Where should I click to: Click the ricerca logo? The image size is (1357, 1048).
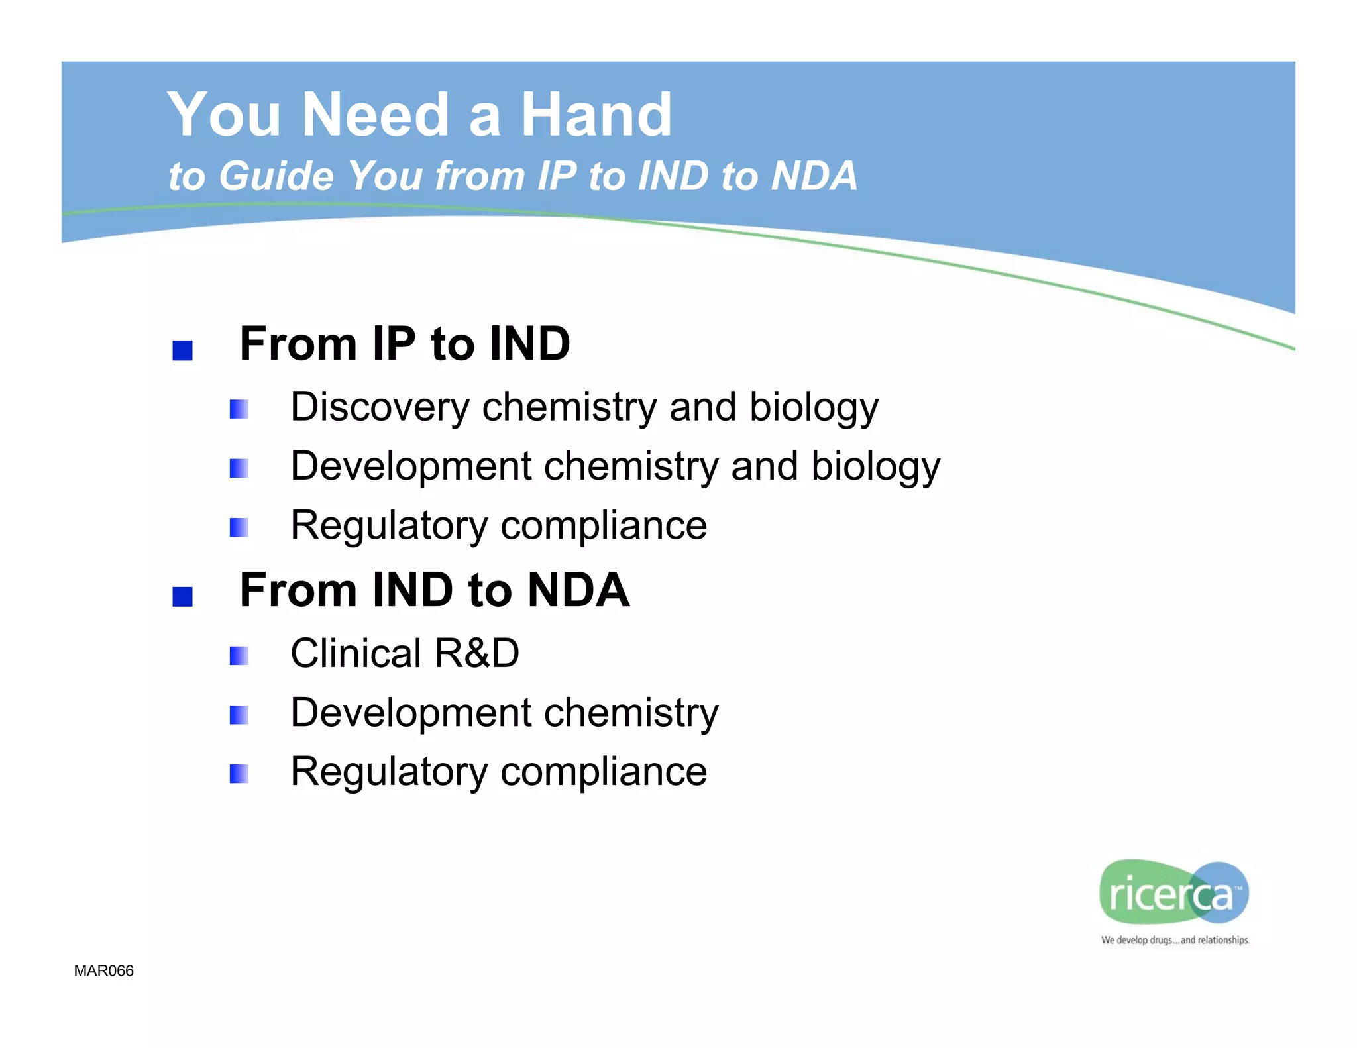[1173, 892]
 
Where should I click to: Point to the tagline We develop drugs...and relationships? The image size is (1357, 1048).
[1175, 940]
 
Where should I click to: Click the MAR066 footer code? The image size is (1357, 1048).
[103, 970]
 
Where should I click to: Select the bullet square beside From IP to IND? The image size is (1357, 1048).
[182, 350]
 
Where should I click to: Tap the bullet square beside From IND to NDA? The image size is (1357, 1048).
[182, 596]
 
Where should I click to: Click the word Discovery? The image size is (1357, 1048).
[379, 407]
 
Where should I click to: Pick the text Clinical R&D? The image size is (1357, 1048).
[405, 653]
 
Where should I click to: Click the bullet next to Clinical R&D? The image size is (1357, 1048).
[239, 656]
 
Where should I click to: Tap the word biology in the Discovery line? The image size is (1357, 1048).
[813, 407]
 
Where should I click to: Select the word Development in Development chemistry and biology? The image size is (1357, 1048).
[410, 466]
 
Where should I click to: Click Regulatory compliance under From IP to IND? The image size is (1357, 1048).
[498, 526]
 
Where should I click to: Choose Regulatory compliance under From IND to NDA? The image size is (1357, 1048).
[498, 772]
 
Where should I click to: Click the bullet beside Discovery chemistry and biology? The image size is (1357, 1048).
[239, 409]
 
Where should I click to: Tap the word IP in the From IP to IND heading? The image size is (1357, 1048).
[394, 344]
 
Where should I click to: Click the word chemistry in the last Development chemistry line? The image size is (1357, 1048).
[631, 713]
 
